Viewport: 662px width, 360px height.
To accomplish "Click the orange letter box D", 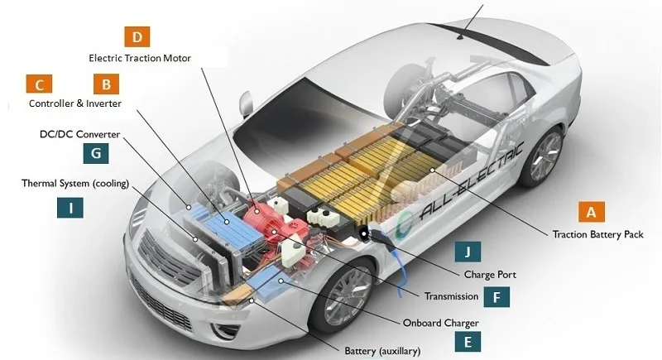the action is click(x=137, y=36).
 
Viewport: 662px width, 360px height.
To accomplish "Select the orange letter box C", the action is click(x=39, y=84).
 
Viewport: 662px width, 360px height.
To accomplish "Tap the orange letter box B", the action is click(x=107, y=84).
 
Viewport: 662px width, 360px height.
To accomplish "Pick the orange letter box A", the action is click(x=592, y=212).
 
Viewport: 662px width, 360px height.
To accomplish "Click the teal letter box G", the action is click(x=96, y=153).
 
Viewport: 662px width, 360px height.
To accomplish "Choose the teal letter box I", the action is click(x=70, y=208).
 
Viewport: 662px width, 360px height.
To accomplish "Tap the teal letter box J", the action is click(x=468, y=252).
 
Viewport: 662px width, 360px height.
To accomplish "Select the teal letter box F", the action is click(x=496, y=297).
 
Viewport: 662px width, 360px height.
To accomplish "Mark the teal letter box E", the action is click(x=468, y=342).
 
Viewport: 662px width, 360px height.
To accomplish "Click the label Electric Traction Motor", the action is click(x=140, y=58).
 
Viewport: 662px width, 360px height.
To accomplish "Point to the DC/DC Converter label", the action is click(x=79, y=134).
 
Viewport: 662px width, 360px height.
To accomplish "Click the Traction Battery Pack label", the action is click(x=597, y=234).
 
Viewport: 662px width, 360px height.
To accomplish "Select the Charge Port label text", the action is click(x=490, y=275).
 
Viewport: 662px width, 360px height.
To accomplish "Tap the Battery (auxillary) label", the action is click(x=382, y=351).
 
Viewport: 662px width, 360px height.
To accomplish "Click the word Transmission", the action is click(x=451, y=296).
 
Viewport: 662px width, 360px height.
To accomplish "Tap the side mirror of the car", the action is click(x=246, y=103).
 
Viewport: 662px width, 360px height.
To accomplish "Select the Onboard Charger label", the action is click(x=441, y=324).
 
